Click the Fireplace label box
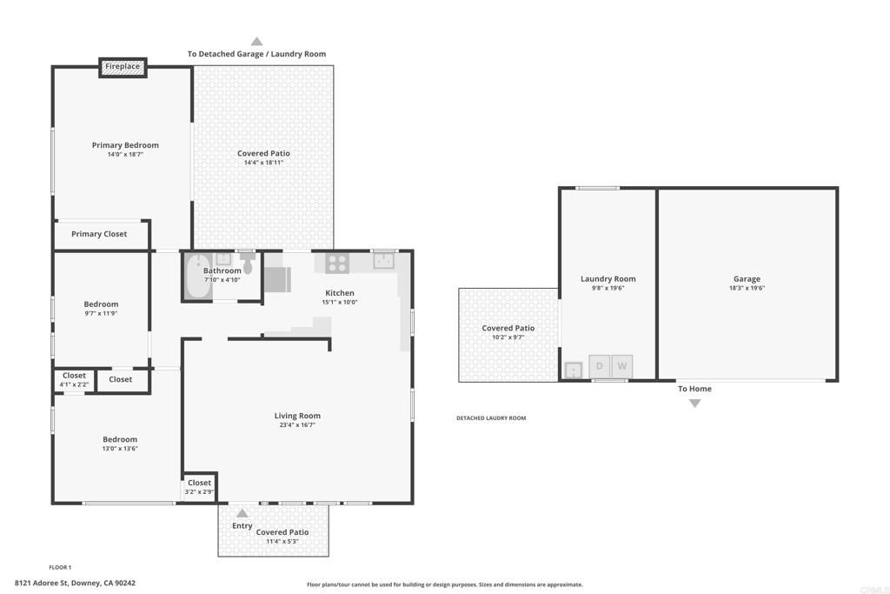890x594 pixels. click(123, 67)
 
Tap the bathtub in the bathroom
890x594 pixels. click(197, 277)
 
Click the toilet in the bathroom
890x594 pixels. click(248, 264)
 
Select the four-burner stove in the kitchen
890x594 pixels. click(337, 263)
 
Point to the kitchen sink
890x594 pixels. click(383, 261)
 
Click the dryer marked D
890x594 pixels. click(600, 366)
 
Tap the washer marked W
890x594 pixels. click(622, 366)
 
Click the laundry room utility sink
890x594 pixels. click(574, 370)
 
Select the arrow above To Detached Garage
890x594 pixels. click(256, 42)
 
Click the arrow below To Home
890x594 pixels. click(694, 404)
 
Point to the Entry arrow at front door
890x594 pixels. click(242, 513)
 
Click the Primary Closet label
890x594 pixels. click(99, 234)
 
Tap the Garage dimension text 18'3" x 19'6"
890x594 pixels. click(747, 288)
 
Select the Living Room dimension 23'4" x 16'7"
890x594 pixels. click(297, 424)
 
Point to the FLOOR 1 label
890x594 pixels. click(60, 567)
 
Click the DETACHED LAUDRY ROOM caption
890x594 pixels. click(491, 418)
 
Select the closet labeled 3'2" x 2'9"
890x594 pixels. click(199, 487)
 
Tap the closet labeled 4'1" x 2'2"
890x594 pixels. click(75, 380)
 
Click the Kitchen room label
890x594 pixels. click(340, 293)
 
